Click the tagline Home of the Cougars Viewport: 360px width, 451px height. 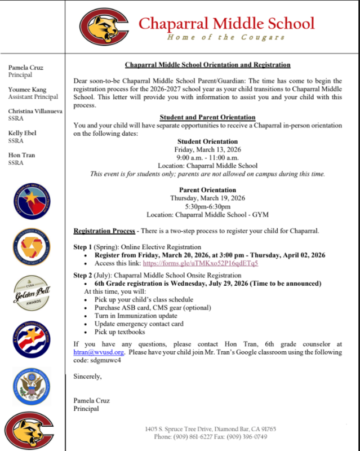coord(225,37)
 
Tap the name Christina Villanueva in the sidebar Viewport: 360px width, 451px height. coord(35,111)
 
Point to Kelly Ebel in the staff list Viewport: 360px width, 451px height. coord(23,133)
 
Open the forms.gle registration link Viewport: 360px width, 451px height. coord(200,263)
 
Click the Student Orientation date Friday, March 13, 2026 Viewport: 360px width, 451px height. coord(207,149)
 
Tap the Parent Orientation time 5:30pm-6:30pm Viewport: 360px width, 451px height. coord(207,206)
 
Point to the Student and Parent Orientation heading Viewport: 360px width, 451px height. coord(207,117)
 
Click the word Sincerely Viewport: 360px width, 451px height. coord(88,377)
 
